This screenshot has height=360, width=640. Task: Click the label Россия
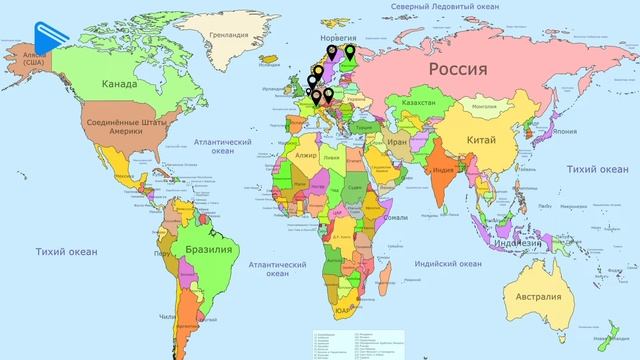(x=458, y=69)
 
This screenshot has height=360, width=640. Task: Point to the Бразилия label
(x=208, y=248)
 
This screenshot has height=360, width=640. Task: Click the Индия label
(x=445, y=169)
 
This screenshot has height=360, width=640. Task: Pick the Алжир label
(x=305, y=157)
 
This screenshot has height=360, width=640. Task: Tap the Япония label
(x=565, y=131)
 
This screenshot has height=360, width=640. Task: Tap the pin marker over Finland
(x=350, y=51)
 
